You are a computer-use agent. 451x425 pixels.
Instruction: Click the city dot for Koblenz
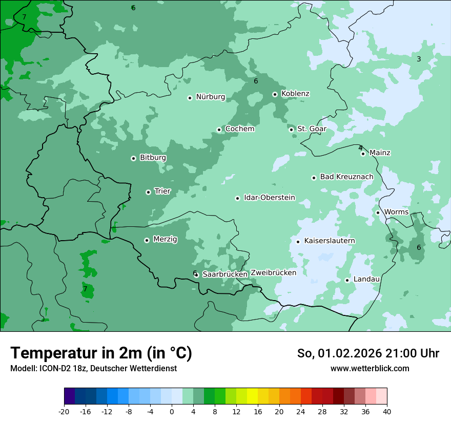tap(275, 94)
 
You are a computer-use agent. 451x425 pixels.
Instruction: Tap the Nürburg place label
tap(210, 97)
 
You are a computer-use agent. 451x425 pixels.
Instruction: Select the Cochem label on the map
tap(239, 129)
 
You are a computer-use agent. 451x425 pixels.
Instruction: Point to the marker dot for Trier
tap(148, 192)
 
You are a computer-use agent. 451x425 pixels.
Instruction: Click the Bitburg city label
tap(153, 158)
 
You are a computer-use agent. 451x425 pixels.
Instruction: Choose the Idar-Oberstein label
tap(269, 198)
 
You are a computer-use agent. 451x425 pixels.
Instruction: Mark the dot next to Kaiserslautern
tap(298, 242)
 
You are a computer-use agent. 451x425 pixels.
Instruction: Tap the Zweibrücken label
tap(273, 273)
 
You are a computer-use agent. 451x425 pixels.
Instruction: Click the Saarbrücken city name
tap(225, 274)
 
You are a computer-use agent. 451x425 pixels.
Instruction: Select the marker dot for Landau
tap(347, 280)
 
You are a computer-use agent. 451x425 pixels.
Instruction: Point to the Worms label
tap(396, 212)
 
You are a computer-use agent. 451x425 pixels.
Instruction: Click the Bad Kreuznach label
tap(346, 177)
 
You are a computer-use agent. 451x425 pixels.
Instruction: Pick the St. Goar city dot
tap(291, 130)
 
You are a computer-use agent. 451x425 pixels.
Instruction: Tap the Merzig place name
tap(165, 240)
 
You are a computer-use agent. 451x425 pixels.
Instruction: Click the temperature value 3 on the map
tap(418, 59)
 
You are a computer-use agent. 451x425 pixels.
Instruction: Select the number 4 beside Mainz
tap(360, 148)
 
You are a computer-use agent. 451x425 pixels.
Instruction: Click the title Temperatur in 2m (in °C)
tap(101, 353)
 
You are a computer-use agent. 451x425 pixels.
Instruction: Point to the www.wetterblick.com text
tap(370, 369)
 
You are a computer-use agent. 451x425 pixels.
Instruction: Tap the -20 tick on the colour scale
tap(64, 412)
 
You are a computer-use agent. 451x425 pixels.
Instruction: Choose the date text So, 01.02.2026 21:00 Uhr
tap(368, 354)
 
